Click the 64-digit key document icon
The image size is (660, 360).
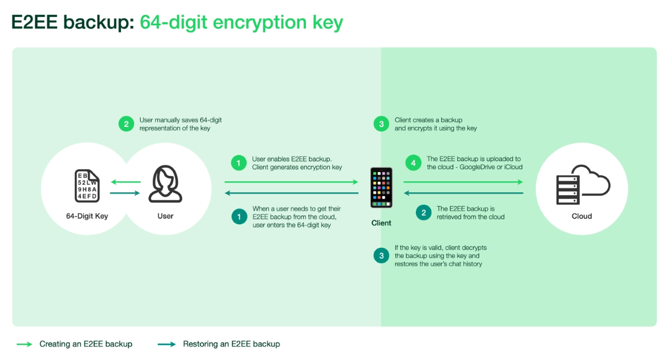click(x=87, y=186)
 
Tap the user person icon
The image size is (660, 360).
click(x=166, y=184)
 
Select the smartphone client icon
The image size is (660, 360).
click(x=381, y=188)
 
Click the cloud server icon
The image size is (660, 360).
click(x=583, y=185)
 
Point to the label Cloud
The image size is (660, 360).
click(x=582, y=217)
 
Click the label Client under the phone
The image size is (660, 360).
click(x=381, y=223)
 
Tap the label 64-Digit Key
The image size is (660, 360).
click(x=87, y=217)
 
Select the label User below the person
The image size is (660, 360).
click(x=166, y=216)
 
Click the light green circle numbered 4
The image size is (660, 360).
click(x=414, y=163)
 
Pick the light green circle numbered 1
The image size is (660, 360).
click(x=239, y=163)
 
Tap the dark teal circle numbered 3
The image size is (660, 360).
click(x=381, y=256)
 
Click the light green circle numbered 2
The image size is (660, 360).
click(x=126, y=124)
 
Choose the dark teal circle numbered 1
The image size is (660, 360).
click(x=239, y=217)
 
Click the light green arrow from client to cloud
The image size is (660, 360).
click(x=464, y=182)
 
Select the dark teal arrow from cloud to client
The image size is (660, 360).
click(x=464, y=193)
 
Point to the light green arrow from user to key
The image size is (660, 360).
click(x=126, y=182)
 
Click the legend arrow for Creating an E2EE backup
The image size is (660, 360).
click(x=24, y=344)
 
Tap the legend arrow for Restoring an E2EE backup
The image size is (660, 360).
click(x=167, y=344)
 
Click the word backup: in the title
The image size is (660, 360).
click(x=98, y=23)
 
